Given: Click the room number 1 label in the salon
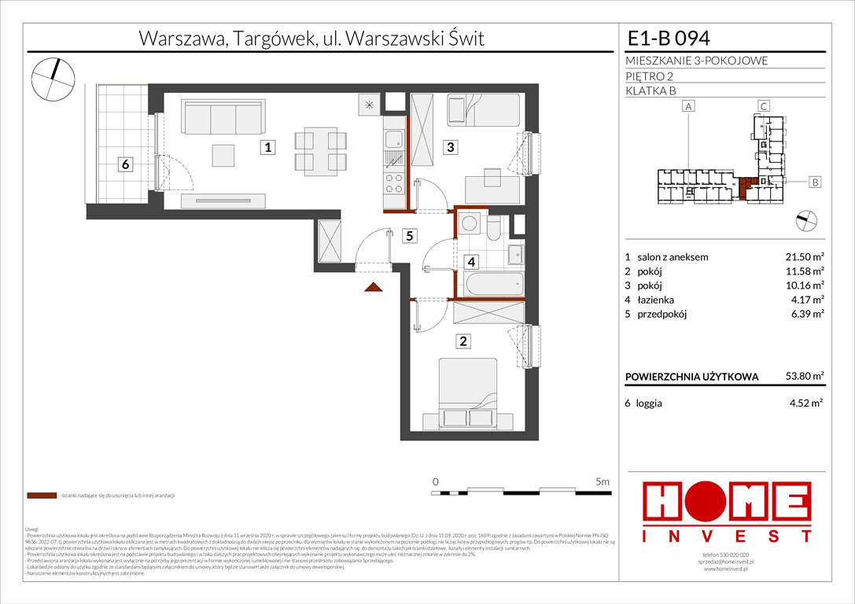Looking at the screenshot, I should [269, 147].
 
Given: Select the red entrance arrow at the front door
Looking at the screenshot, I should [374, 287].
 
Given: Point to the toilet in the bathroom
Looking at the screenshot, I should [494, 229].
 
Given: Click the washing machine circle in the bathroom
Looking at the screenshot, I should [470, 223].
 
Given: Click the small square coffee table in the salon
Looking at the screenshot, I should [225, 155].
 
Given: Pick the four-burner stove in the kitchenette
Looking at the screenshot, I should [392, 188].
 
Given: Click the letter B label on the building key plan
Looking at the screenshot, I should [815, 182].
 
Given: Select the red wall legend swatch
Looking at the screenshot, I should [41, 496].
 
